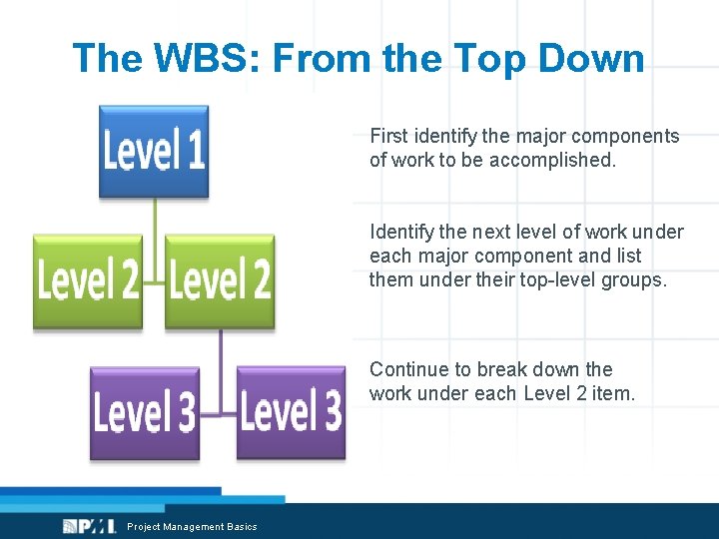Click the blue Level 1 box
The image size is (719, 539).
[x=154, y=151]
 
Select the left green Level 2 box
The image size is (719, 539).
[x=88, y=281]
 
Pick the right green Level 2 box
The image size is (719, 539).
[x=220, y=281]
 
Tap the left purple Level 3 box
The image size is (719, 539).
[x=144, y=413]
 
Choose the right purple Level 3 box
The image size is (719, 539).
[x=291, y=413]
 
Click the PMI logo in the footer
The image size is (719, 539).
[x=84, y=526]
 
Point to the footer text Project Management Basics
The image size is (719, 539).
[x=192, y=527]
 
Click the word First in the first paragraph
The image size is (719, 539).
[x=388, y=136]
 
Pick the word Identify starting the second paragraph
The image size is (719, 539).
[x=401, y=233]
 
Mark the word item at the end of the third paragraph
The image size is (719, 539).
[x=612, y=393]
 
